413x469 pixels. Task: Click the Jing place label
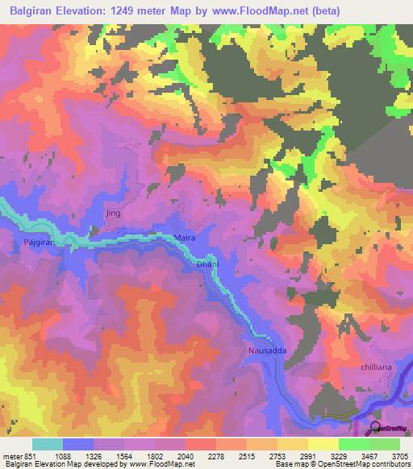[x=113, y=213]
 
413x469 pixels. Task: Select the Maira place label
[x=185, y=238]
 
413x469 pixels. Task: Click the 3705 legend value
[x=398, y=456]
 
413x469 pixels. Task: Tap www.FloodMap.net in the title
[x=257, y=10]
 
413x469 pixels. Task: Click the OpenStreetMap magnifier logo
[x=374, y=430]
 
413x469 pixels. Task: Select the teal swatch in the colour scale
[x=48, y=444]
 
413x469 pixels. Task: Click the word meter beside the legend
[x=12, y=456]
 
